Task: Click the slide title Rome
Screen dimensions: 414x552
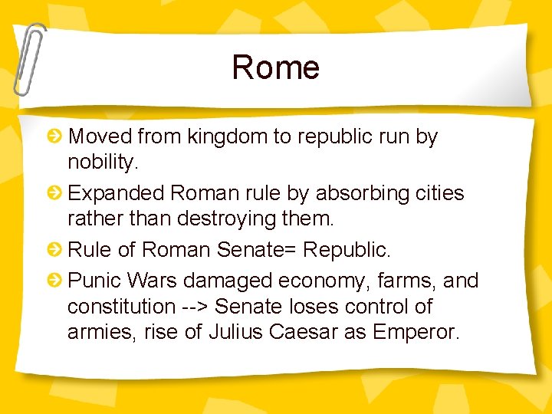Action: point(275,67)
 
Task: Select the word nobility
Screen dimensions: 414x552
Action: point(100,163)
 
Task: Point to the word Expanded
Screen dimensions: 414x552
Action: point(117,193)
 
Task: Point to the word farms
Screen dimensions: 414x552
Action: point(407,281)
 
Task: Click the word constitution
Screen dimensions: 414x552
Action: point(121,307)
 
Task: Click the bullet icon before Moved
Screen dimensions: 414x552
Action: point(55,137)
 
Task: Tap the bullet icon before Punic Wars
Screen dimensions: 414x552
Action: point(55,281)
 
